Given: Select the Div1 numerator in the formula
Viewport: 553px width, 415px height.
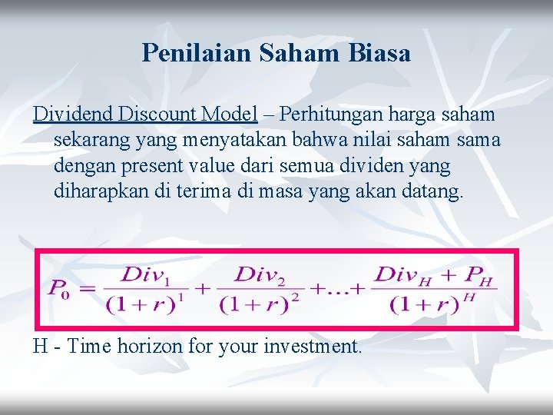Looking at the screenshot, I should pyautogui.click(x=147, y=274).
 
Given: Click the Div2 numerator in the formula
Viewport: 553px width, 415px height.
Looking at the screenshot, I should pyautogui.click(x=258, y=274).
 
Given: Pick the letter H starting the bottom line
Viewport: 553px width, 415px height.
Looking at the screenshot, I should pyautogui.click(x=41, y=346).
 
